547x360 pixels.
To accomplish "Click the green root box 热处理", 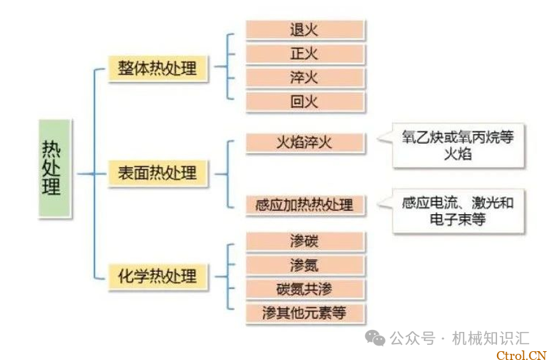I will click(x=53, y=168).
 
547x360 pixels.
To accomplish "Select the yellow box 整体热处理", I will click(x=157, y=69).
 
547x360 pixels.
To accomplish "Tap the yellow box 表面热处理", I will click(x=157, y=172).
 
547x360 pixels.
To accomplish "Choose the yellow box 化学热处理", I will click(x=157, y=276).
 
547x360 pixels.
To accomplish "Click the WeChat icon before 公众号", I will click(x=374, y=337).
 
